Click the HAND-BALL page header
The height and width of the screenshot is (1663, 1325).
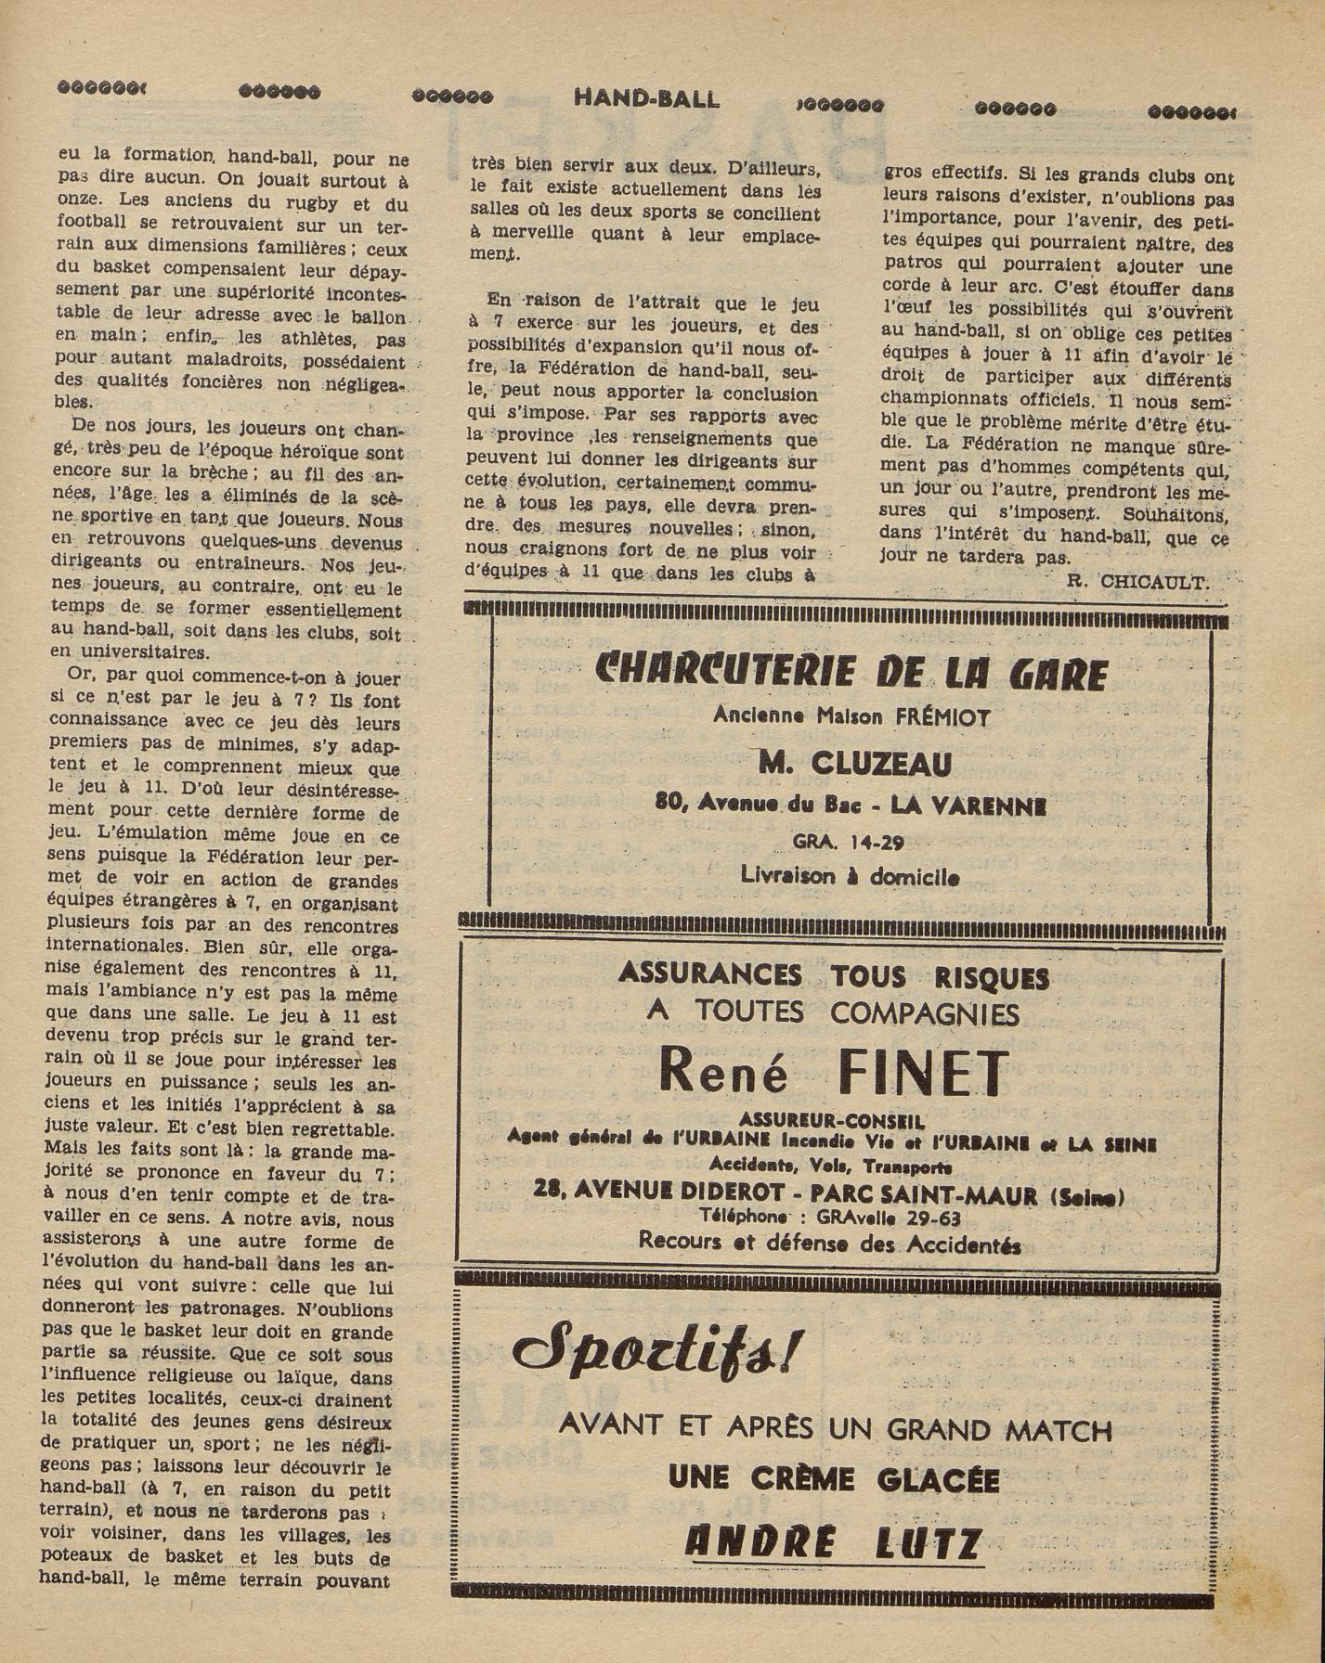tap(646, 97)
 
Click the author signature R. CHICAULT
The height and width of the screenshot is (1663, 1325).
tap(1137, 582)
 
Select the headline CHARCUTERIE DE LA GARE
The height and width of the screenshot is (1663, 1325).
tap(851, 672)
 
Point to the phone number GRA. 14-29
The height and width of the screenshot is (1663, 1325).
tap(848, 843)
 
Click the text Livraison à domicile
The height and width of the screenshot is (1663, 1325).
tap(850, 876)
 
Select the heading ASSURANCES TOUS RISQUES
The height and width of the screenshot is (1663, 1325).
tap(833, 975)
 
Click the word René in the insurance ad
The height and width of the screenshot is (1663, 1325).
tap(722, 1074)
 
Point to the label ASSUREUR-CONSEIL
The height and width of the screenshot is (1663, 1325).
tap(832, 1120)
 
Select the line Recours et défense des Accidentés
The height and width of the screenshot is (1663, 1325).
tap(830, 1244)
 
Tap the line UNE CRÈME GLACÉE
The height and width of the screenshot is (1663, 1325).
tap(833, 1479)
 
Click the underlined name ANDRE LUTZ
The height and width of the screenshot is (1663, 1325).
tap(833, 1543)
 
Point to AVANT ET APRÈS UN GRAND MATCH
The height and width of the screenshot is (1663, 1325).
tap(835, 1428)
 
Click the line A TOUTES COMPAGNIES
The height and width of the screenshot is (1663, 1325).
tap(833, 1012)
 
